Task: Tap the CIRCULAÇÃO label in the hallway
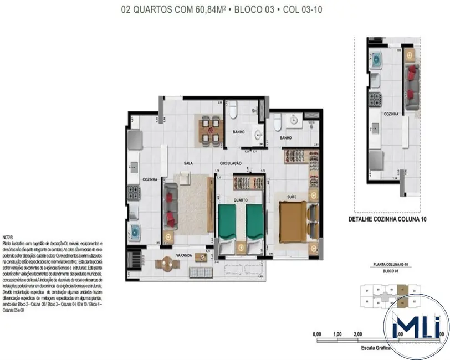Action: tap(231, 163)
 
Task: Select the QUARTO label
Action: tap(241, 200)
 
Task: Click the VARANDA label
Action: tap(184, 255)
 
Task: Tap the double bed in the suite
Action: tap(293, 223)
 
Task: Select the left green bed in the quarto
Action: tap(227, 224)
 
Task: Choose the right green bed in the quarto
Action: tap(254, 224)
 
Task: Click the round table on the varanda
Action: tap(166, 264)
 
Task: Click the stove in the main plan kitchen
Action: tap(134, 193)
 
